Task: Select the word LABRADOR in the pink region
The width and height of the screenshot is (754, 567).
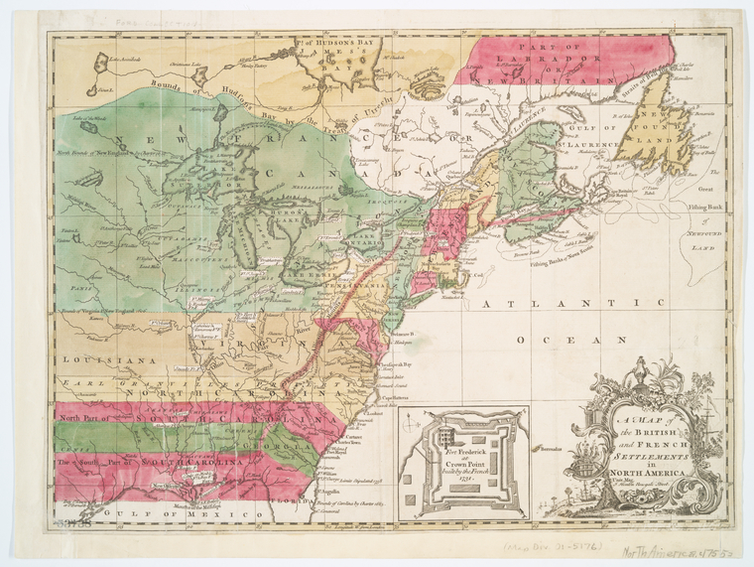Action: (536, 67)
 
